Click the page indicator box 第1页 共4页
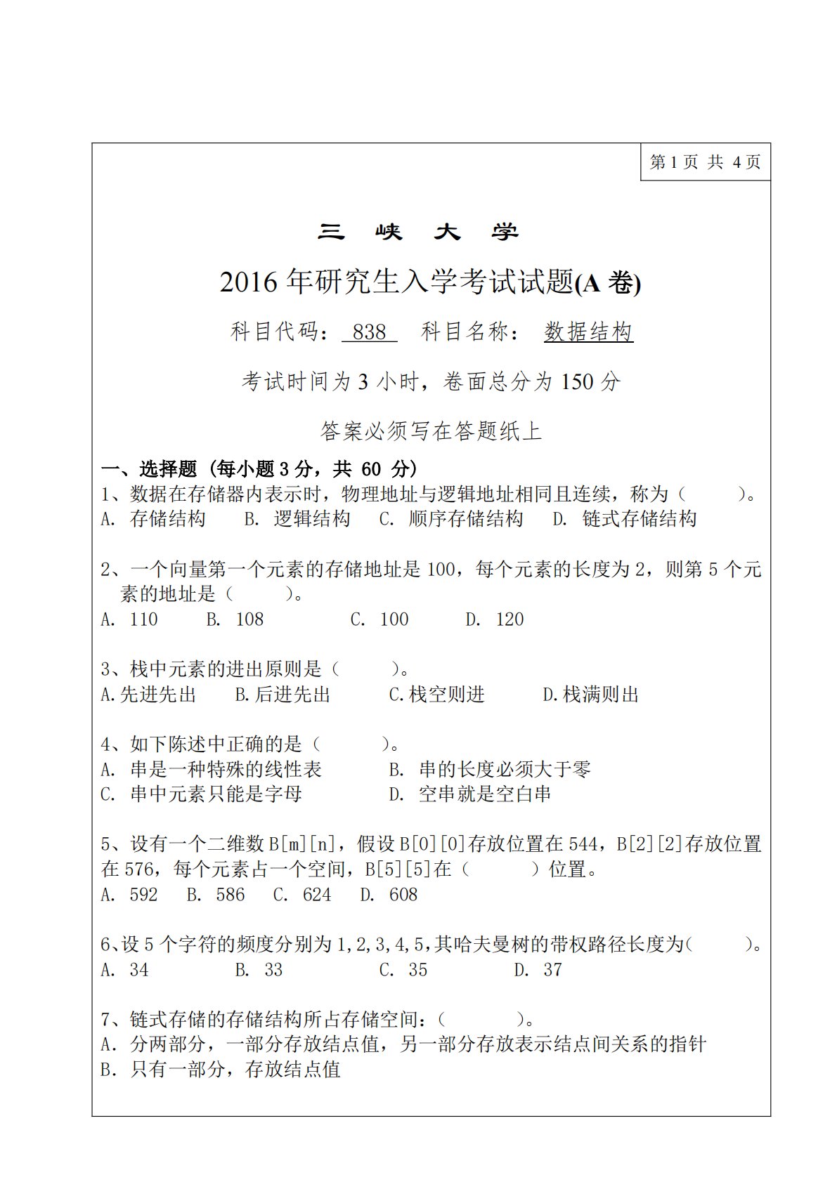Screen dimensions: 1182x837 tap(705, 162)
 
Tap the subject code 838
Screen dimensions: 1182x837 tap(370, 331)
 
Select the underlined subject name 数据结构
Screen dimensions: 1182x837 tap(588, 331)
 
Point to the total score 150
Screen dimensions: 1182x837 tap(578, 381)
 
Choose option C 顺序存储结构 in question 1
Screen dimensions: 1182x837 tap(451, 519)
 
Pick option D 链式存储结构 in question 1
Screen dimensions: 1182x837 tap(625, 519)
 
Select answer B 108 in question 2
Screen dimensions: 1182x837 tap(235, 619)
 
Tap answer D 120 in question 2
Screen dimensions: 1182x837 tap(495, 619)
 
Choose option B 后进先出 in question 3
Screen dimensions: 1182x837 tap(283, 695)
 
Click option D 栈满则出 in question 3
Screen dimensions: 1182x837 tap(590, 695)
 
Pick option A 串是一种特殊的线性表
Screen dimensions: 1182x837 tap(212, 770)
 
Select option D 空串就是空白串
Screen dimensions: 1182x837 tap(470, 794)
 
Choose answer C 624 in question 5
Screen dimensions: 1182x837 tap(302, 895)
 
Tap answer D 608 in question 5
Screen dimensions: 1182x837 tap(389, 895)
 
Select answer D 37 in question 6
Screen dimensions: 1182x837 tap(538, 970)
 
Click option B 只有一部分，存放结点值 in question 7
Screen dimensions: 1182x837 tap(221, 1070)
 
